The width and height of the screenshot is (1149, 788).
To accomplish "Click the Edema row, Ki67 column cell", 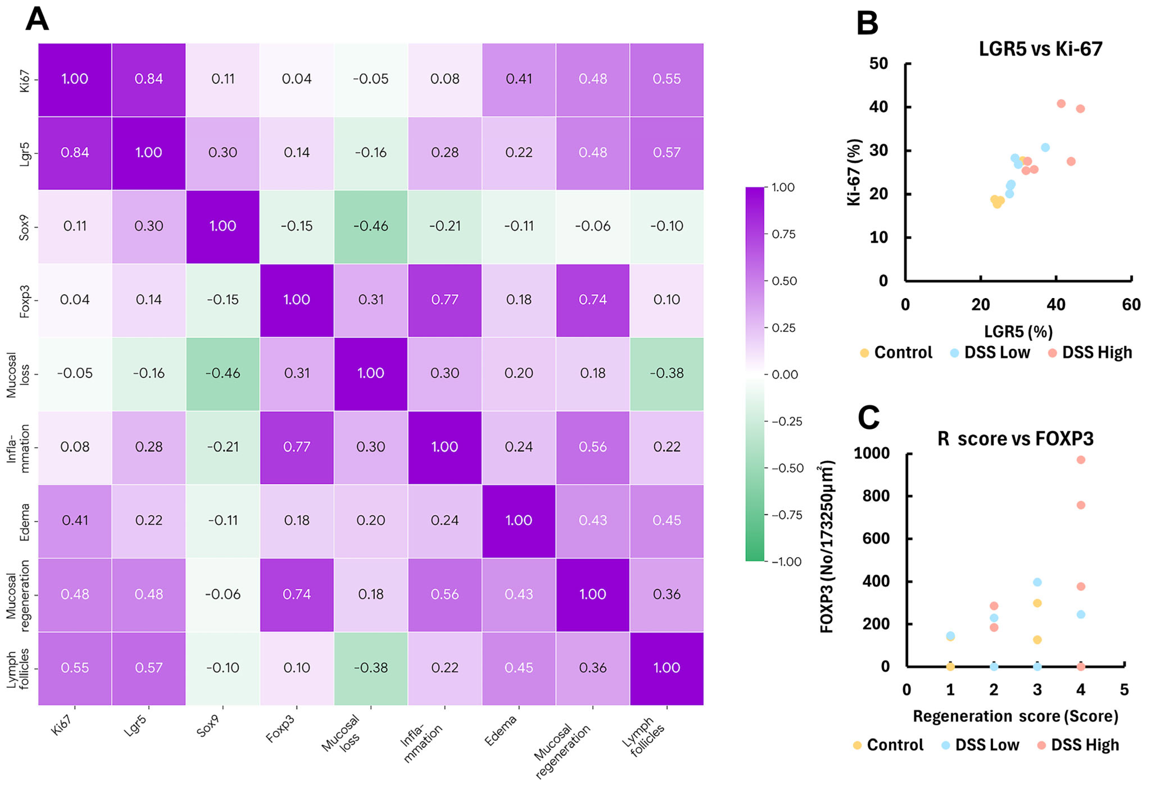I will pyautogui.click(x=75, y=521).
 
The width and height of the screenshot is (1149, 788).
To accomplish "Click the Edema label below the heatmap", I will pyautogui.click(x=500, y=731).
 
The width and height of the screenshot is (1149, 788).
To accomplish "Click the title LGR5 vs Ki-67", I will pyautogui.click(x=1041, y=49).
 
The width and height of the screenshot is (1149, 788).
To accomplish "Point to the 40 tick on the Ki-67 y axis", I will pyautogui.click(x=879, y=107).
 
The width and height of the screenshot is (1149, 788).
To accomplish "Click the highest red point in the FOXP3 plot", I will pyautogui.click(x=1081, y=460).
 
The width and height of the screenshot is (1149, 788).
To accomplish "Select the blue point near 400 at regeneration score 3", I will pyautogui.click(x=1037, y=582).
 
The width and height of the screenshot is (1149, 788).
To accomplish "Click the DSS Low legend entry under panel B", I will pyautogui.click(x=991, y=353).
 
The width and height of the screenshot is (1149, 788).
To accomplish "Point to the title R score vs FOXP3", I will pyautogui.click(x=1016, y=439).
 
